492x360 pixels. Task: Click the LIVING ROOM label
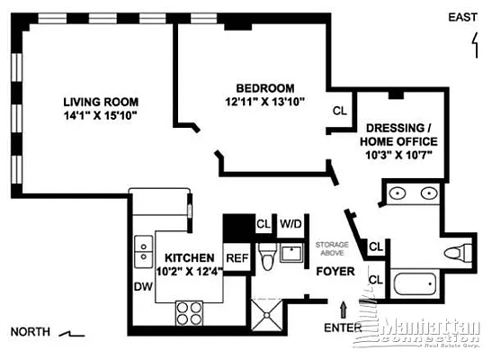[100, 101]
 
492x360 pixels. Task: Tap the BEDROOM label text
[265, 87]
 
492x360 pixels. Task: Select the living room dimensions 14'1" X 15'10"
[100, 116]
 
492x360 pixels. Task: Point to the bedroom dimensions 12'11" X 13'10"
[265, 102]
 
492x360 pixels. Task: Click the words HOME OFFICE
[398, 141]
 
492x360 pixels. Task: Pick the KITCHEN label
[189, 256]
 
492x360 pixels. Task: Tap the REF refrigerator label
[237, 257]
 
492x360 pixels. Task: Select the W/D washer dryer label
[291, 224]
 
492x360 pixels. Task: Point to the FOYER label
[335, 271]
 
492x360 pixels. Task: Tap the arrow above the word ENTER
[343, 311]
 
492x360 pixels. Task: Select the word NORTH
[30, 332]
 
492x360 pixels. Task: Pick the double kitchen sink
[142, 251]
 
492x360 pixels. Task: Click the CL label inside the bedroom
[339, 112]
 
